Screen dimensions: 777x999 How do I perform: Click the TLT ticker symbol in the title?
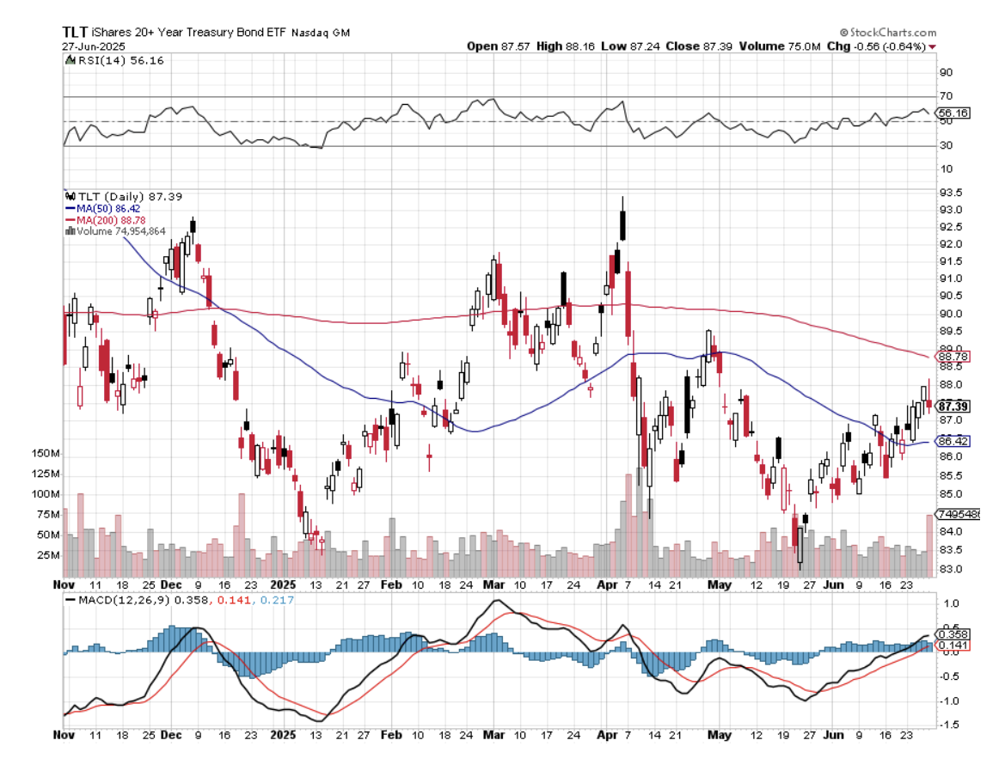(x=74, y=31)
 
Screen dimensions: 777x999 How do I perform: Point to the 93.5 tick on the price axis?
(x=949, y=193)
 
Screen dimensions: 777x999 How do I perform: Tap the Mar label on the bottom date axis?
(x=494, y=736)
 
